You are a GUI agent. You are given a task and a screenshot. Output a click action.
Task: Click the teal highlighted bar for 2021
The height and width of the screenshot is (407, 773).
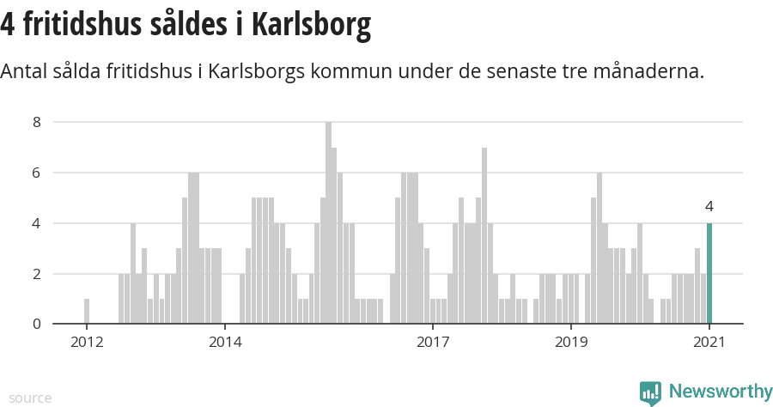pyautogui.click(x=709, y=274)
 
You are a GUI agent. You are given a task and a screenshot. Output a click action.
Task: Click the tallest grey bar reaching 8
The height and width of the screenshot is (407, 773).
pyautogui.click(x=328, y=223)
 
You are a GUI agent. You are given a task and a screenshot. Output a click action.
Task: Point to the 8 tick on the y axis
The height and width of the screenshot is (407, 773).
pyautogui.click(x=37, y=122)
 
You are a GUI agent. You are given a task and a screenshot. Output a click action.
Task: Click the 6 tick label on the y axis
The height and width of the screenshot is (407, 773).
pyautogui.click(x=37, y=173)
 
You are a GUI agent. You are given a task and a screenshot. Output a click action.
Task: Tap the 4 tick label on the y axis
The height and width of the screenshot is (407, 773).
pyautogui.click(x=37, y=223)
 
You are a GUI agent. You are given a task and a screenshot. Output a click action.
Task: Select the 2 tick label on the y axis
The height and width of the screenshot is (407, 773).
pyautogui.click(x=37, y=274)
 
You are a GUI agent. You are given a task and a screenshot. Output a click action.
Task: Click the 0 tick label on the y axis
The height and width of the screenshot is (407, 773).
pyautogui.click(x=37, y=324)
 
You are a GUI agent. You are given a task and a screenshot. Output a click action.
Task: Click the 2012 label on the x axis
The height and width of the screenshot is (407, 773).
pyautogui.click(x=87, y=343)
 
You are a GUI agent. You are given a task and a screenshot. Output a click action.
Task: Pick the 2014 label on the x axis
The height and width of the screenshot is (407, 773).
pyautogui.click(x=225, y=343)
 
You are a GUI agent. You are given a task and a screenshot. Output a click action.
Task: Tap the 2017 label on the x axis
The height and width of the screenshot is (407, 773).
pyautogui.click(x=433, y=343)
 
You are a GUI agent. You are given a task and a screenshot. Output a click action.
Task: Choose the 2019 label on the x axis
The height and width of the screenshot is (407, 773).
pyautogui.click(x=571, y=343)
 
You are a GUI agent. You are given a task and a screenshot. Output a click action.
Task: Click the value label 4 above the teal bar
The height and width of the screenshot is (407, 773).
pyautogui.click(x=709, y=206)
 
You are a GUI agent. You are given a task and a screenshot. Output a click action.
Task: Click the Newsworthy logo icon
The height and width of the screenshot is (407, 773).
pyautogui.click(x=650, y=393)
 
